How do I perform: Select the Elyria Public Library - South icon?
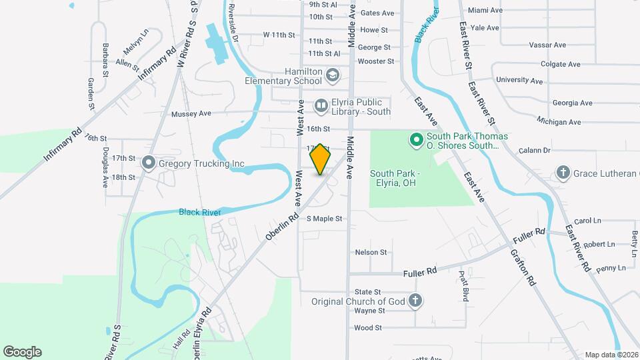(321, 105)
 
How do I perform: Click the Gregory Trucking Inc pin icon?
(147, 163)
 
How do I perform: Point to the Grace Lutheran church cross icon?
(563, 173)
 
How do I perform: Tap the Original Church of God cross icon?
(415, 301)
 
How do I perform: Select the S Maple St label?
(325, 219)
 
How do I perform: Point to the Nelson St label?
(371, 252)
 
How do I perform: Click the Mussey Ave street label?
(191, 113)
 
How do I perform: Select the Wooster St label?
(376, 61)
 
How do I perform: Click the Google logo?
(22, 352)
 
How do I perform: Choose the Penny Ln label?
(611, 268)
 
